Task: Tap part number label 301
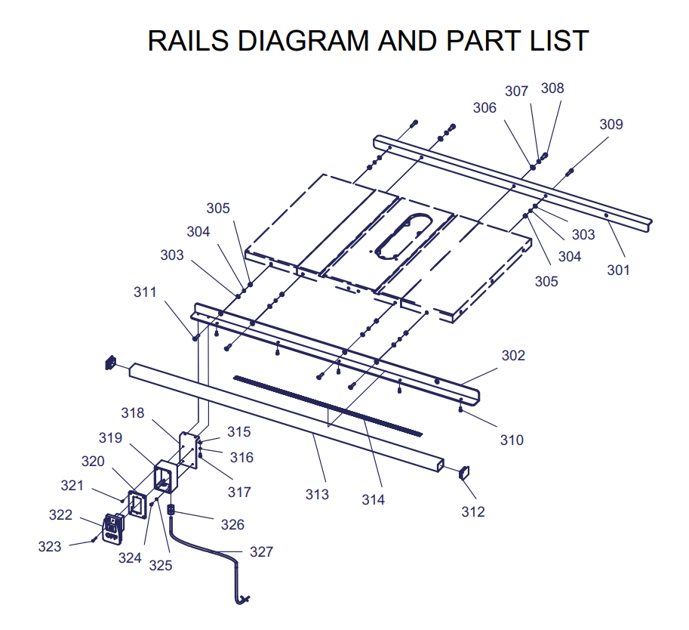(x=618, y=270)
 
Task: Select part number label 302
(x=512, y=355)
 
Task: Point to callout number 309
(x=611, y=124)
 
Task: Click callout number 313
(x=317, y=494)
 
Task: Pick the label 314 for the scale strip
(x=373, y=499)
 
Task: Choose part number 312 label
(x=473, y=511)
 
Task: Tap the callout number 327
(x=261, y=552)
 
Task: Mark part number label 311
(x=145, y=292)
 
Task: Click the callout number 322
(x=60, y=515)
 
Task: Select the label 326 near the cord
(x=232, y=524)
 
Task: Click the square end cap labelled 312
(x=463, y=473)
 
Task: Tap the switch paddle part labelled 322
(x=112, y=527)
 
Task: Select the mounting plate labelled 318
(x=189, y=451)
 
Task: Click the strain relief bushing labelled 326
(x=171, y=511)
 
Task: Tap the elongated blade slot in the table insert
(x=405, y=236)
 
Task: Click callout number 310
(x=512, y=440)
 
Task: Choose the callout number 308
(x=552, y=88)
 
